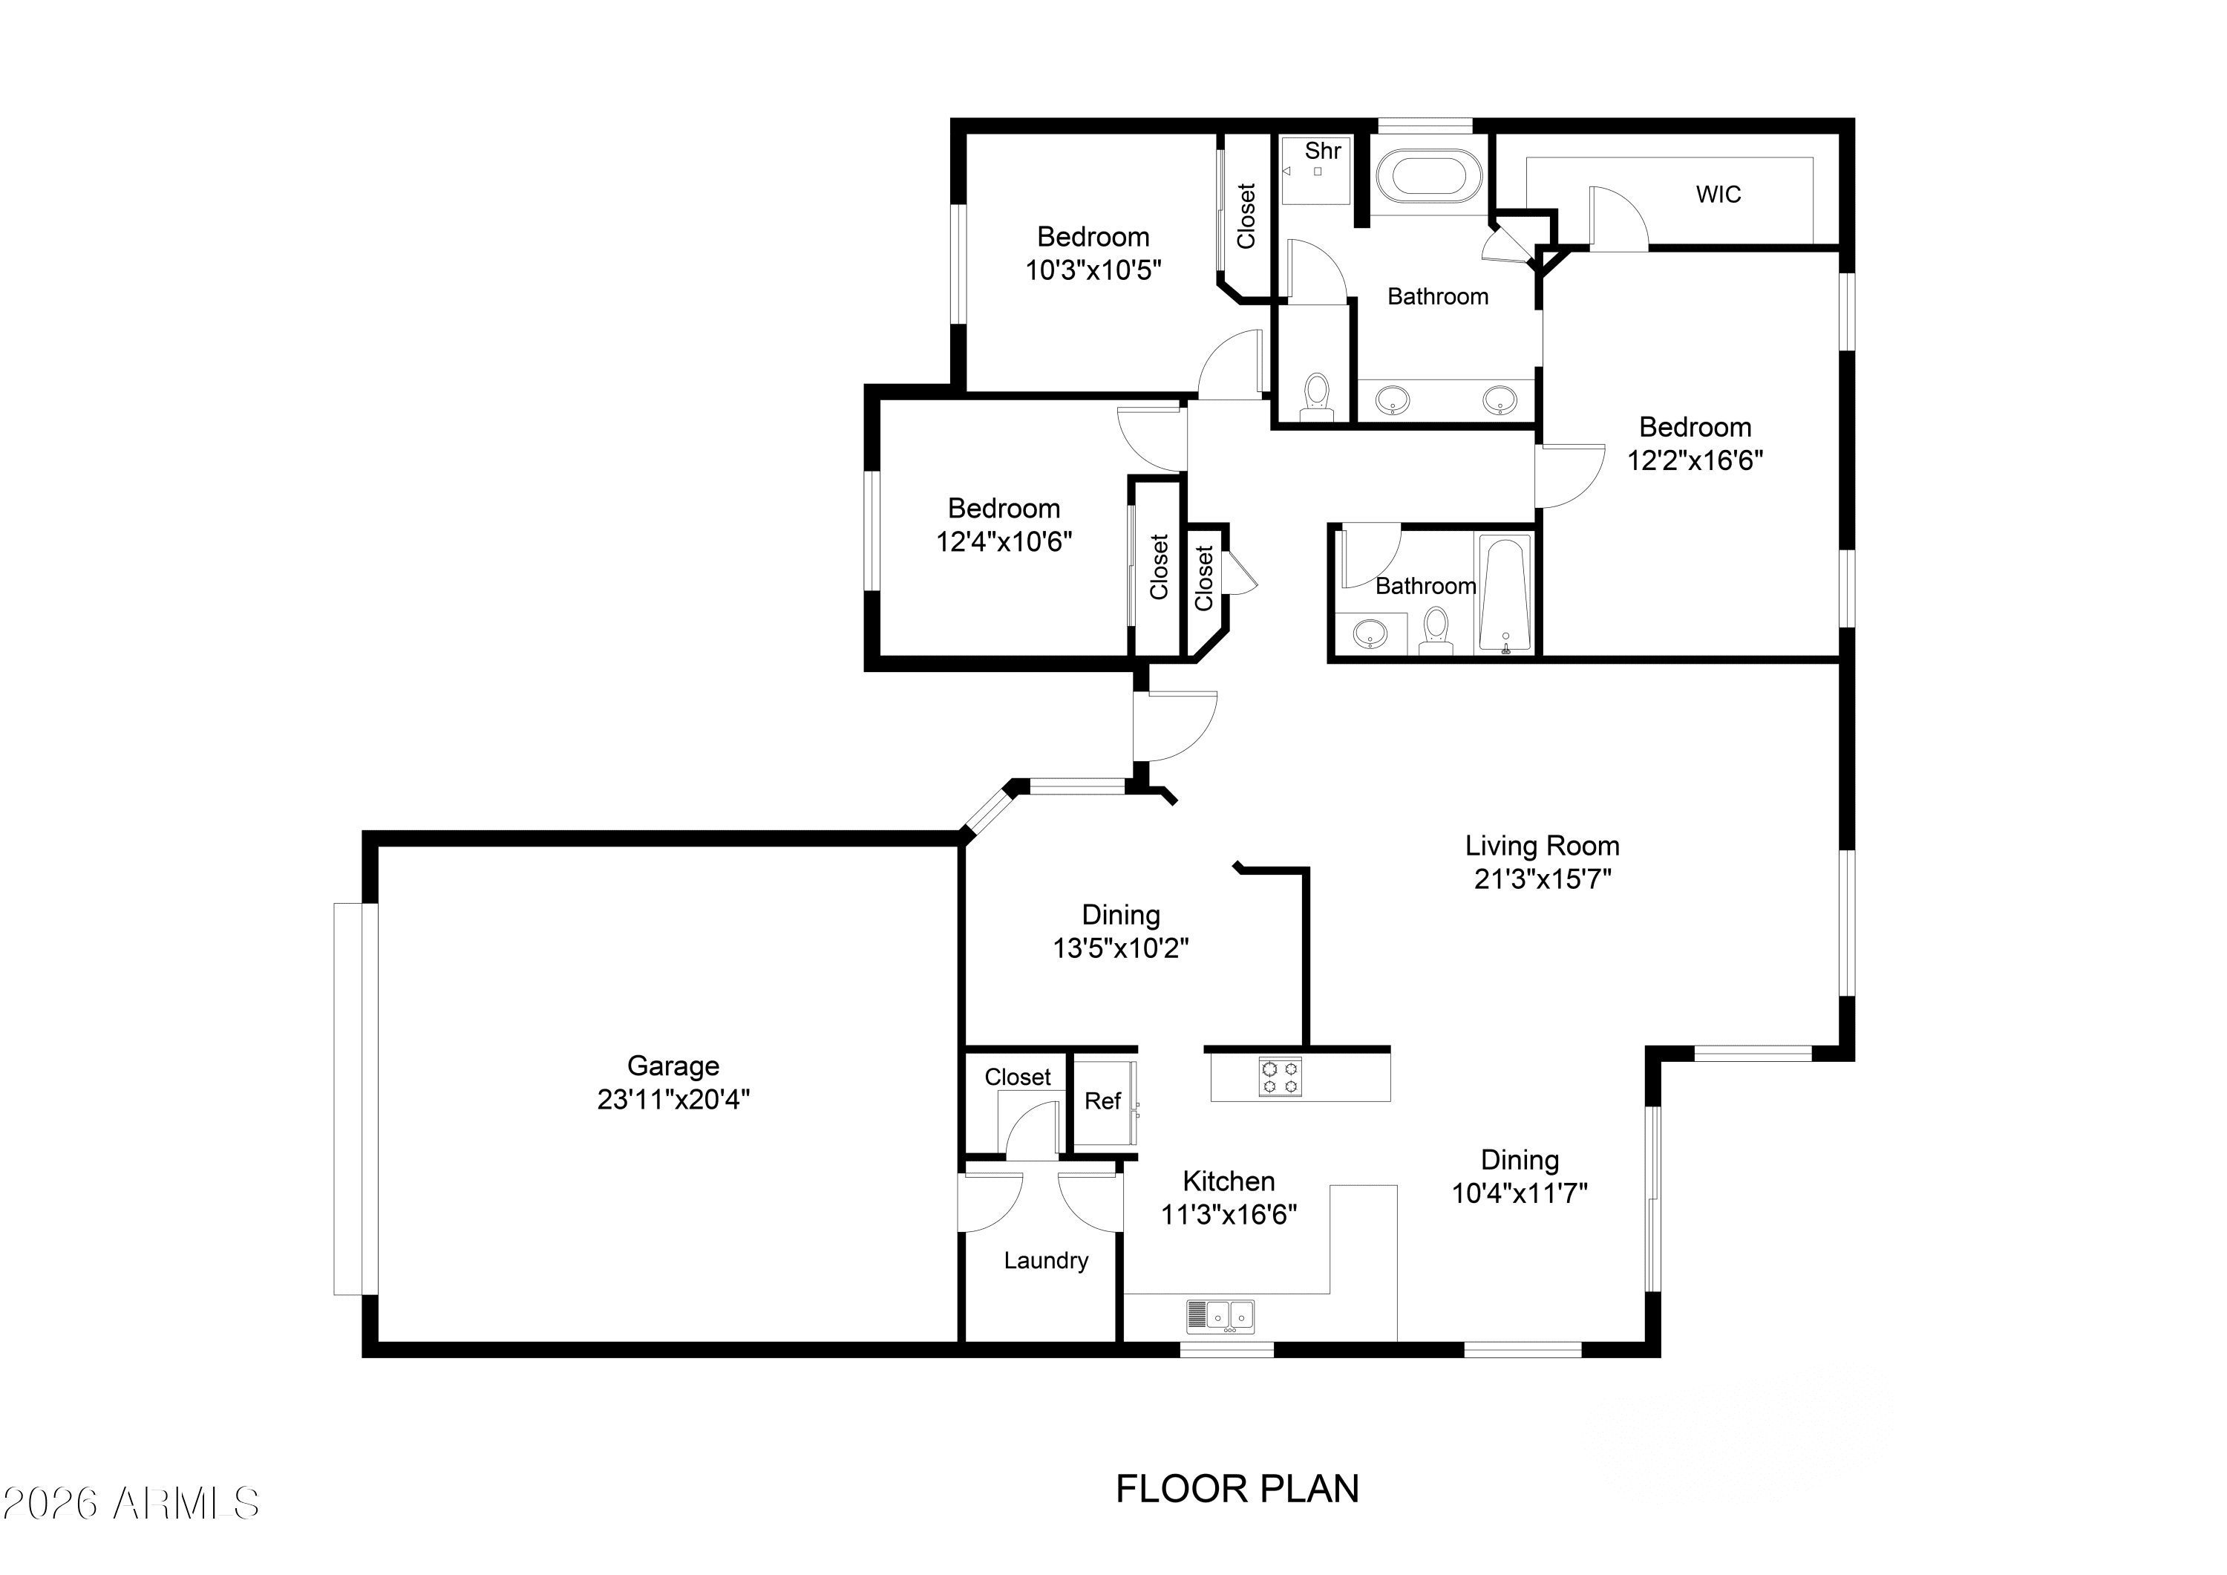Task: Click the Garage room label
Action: click(673, 1066)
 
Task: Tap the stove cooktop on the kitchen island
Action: click(1281, 1077)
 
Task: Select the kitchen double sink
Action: click(1220, 1315)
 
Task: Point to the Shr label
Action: click(1323, 151)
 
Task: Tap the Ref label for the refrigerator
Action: click(1102, 1100)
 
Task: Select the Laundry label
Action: click(1046, 1261)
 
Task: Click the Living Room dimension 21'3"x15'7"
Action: click(1543, 879)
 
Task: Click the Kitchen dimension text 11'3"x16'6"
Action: click(1229, 1215)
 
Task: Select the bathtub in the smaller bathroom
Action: click(1505, 594)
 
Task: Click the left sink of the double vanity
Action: click(1394, 398)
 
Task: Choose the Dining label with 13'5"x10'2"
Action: click(1121, 915)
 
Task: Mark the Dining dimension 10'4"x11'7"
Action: click(1519, 1193)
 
